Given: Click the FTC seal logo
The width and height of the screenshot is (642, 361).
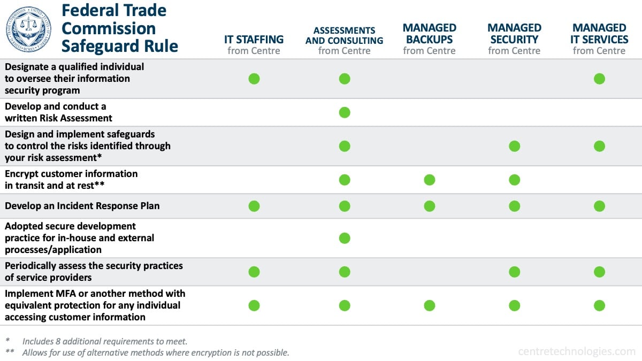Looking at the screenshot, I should pyautogui.click(x=28, y=29).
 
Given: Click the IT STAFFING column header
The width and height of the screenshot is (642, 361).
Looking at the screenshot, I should pyautogui.click(x=254, y=44).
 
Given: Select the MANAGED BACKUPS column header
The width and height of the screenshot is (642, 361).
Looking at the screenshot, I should pyautogui.click(x=429, y=39).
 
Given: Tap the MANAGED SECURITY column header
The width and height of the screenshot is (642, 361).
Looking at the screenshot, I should pyautogui.click(x=514, y=39).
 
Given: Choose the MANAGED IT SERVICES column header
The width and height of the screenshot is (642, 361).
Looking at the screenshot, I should pyautogui.click(x=599, y=39).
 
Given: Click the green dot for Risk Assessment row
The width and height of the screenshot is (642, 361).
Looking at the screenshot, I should pyautogui.click(x=345, y=112).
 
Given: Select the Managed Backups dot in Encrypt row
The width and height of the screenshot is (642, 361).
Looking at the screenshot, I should pyautogui.click(x=429, y=180).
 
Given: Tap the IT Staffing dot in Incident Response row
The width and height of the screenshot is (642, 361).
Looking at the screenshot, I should pyautogui.click(x=254, y=206).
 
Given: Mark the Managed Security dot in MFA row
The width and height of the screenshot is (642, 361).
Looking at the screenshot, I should pyautogui.click(x=514, y=305).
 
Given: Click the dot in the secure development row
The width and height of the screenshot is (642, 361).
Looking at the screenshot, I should pyautogui.click(x=345, y=238).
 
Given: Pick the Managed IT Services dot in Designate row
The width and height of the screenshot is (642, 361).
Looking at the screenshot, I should pyautogui.click(x=599, y=79).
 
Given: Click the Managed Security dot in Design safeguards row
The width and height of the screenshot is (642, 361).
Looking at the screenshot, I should pyautogui.click(x=514, y=146).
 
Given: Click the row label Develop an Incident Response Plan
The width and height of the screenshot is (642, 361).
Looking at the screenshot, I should pyautogui.click(x=82, y=206).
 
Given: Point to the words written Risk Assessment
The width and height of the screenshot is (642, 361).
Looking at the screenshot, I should pyautogui.click(x=58, y=118).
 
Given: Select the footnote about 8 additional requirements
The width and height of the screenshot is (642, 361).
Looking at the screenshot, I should pyautogui.click(x=104, y=341).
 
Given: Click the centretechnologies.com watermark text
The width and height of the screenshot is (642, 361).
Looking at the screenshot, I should pyautogui.click(x=576, y=351).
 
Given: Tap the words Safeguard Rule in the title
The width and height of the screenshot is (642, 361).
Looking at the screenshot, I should pyautogui.click(x=119, y=46).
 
